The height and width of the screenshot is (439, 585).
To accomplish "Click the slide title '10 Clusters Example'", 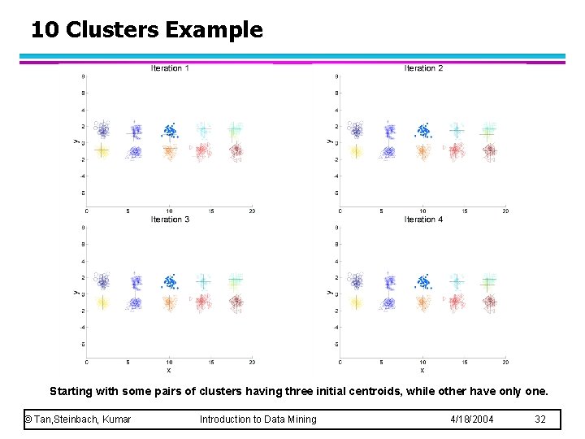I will pos(147,31).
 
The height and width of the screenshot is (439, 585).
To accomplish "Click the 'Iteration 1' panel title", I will pos(170,68).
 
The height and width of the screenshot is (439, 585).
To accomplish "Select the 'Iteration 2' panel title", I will pos(423,68).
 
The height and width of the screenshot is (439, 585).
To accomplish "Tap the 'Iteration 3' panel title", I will pos(170,219).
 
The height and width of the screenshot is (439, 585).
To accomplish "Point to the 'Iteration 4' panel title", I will pos(423,219).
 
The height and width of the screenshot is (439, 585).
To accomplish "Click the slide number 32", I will pos(540,419).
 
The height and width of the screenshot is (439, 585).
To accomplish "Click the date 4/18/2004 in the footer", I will pos(472,419).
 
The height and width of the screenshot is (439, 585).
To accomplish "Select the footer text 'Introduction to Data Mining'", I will pos(258,419).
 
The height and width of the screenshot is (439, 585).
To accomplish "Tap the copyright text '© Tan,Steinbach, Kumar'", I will pos(78,419).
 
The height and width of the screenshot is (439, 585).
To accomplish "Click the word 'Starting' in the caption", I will pos(71,391).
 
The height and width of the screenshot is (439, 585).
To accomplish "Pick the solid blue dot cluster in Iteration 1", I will pos(170,130).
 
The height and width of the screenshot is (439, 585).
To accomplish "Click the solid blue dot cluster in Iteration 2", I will pos(423,130).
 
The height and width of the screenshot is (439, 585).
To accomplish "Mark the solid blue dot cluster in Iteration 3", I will pos(170,282).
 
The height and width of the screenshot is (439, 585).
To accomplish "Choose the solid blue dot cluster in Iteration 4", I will pos(423,282).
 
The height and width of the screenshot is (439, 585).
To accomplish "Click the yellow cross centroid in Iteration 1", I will pos(102,150).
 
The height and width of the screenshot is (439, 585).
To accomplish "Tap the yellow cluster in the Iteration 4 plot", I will pos(355,302).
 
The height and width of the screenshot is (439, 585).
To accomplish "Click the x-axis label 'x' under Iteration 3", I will pos(169,370).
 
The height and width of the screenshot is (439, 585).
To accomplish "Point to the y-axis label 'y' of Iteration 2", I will pos(329,141).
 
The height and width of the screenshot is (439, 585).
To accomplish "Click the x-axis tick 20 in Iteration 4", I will pos(505,362).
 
